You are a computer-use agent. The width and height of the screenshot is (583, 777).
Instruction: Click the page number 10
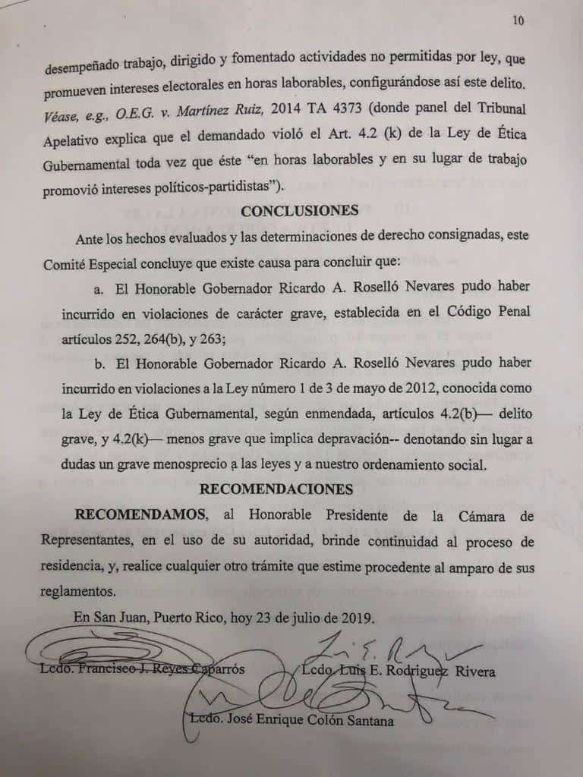[518, 21]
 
